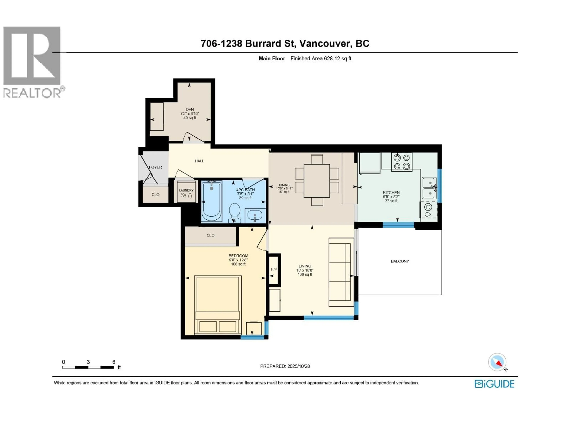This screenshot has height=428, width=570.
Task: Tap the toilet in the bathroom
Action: pos(235,212)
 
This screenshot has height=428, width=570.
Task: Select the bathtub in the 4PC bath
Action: pos(211,201)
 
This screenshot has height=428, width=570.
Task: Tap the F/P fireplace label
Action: pos(274,269)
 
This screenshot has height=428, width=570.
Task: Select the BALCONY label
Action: pos(400,261)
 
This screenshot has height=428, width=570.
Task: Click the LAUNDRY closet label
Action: pos(186,190)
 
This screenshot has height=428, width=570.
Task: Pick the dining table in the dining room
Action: pos(317,181)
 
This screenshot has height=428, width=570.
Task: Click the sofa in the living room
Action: pos(341,272)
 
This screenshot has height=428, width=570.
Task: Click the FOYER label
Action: pos(155,167)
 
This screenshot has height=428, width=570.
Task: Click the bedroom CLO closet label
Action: pos(210,235)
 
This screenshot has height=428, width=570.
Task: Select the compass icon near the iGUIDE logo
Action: pos(497,362)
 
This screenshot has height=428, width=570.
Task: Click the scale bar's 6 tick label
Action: pos(114,362)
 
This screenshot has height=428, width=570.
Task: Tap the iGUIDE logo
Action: pos(494,384)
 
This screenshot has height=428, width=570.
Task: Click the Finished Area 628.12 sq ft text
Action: pos(321,59)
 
